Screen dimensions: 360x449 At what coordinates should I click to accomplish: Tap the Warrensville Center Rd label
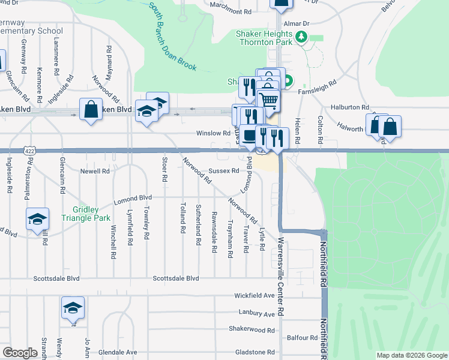point(280,270)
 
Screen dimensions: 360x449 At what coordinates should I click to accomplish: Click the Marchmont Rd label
point(230,11)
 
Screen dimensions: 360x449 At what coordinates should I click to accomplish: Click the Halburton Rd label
point(340,106)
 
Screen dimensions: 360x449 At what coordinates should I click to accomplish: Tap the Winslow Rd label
point(213,133)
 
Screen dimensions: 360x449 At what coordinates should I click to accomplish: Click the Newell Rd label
point(95,171)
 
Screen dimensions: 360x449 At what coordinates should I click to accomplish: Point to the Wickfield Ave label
point(254,296)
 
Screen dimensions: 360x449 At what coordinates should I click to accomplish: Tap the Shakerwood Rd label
point(252,329)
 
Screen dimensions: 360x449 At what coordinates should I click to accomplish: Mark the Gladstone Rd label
point(255,352)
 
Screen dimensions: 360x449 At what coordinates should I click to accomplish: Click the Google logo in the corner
point(20,352)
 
